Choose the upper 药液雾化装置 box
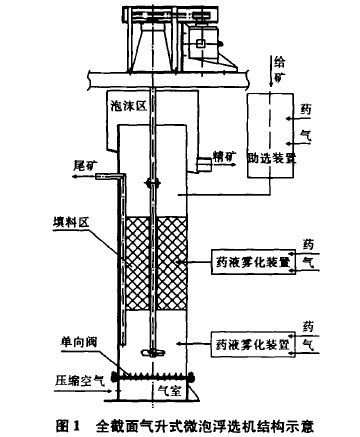pyautogui.click(x=252, y=262)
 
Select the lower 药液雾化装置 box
pyautogui.click(x=252, y=342)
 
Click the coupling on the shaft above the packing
pyautogui.click(x=150, y=181)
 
